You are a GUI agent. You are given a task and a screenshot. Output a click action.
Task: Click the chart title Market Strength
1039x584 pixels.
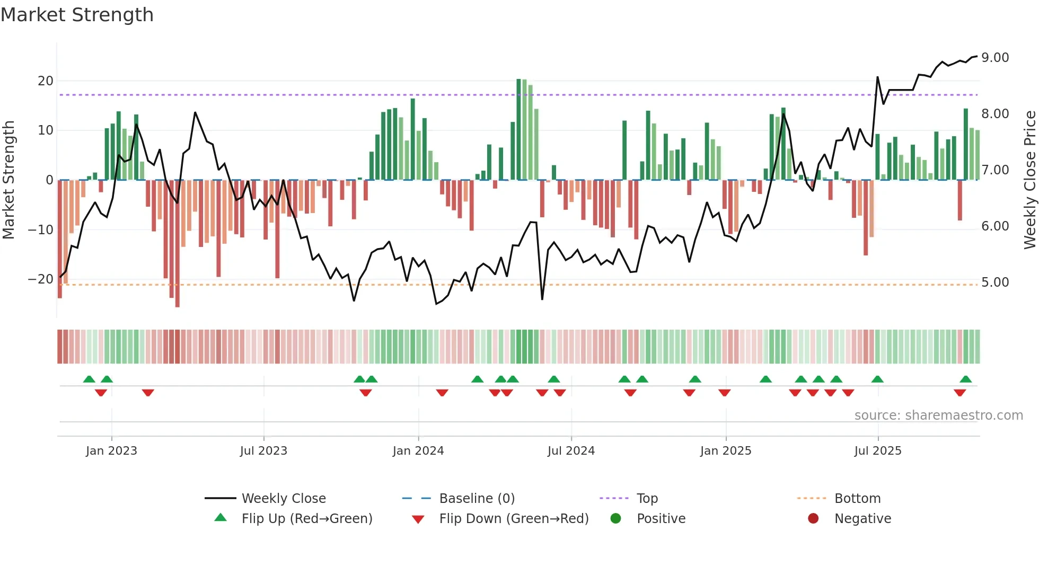click(77, 15)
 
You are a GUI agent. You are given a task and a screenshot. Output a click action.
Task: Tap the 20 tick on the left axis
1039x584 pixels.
click(46, 81)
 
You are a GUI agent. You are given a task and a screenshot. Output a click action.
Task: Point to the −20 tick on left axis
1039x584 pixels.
click(41, 279)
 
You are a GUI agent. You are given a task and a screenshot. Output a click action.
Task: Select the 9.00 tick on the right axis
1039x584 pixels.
click(995, 58)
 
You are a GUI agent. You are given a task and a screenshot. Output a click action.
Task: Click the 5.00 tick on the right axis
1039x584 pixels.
click(995, 282)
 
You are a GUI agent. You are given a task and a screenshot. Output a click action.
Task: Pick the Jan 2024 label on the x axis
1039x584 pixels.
click(418, 451)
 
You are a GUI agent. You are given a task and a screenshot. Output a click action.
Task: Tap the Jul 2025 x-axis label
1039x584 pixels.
click(878, 451)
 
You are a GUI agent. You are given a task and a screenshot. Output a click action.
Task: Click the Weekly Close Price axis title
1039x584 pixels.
click(1029, 180)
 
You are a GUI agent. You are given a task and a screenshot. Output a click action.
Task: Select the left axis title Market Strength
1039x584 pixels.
click(8, 180)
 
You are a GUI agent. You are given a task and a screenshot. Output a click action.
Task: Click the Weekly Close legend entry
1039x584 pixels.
click(284, 499)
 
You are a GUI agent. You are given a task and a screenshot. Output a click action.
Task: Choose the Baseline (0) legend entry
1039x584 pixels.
click(477, 499)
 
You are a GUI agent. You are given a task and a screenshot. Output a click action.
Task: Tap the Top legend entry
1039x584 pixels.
click(647, 499)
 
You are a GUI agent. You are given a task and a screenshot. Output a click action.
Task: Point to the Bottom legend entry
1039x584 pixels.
click(857, 499)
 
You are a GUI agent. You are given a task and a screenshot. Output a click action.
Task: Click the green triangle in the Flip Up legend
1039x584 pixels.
click(221, 518)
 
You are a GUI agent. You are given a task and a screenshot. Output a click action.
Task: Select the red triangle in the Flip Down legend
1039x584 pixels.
click(418, 519)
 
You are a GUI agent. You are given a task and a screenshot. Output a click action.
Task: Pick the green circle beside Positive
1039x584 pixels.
click(615, 519)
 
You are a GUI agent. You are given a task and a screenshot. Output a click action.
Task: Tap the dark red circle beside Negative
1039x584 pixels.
click(813, 519)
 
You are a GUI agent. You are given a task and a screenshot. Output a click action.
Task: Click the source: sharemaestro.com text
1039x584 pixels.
click(938, 415)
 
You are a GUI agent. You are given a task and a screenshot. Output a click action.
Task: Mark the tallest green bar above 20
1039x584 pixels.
click(518, 129)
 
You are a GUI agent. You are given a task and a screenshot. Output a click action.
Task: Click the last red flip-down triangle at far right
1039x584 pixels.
click(959, 393)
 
